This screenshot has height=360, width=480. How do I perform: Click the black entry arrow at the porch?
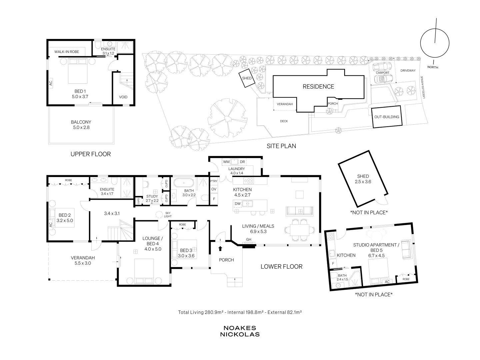click(220, 248)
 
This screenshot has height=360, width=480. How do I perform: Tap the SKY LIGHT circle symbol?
click(159, 214)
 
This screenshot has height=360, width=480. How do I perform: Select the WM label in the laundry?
click(226, 162)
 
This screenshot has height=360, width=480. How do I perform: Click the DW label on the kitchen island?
click(238, 203)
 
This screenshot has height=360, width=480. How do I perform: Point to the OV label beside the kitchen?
click(214, 189)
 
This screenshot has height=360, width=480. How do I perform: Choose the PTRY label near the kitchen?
click(214, 181)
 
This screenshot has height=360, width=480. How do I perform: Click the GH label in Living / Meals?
click(249, 239)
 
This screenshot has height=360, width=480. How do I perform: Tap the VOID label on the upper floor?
click(123, 97)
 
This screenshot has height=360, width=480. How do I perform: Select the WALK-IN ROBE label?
click(67, 52)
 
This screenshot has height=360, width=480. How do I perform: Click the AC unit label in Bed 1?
click(51, 83)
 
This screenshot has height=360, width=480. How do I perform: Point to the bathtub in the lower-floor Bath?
click(184, 183)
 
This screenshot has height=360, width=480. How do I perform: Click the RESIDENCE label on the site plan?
click(318, 87)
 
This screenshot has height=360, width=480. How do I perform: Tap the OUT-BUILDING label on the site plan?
click(387, 117)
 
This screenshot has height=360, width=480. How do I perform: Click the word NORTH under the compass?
click(433, 67)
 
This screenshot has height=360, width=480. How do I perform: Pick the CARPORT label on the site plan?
click(382, 73)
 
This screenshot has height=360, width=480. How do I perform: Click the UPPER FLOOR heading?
click(91, 154)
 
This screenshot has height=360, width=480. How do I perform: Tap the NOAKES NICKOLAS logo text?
click(240, 331)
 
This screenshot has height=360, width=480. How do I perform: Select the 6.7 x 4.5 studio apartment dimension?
click(376, 256)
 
